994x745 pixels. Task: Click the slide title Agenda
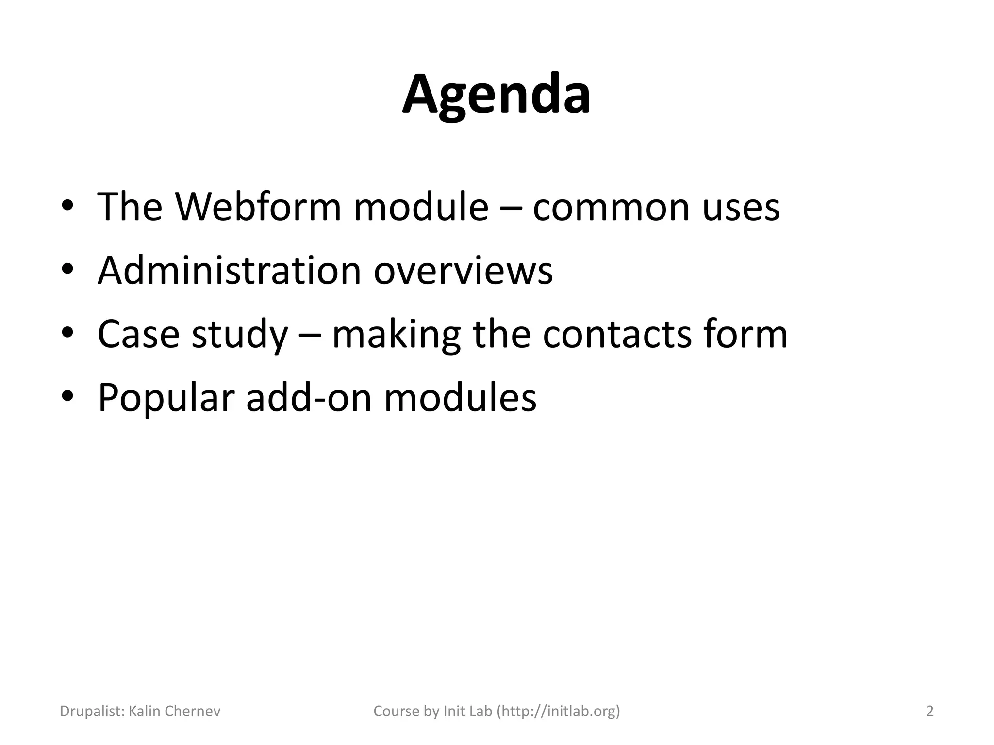497,95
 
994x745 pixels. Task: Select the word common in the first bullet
611,208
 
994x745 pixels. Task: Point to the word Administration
229,270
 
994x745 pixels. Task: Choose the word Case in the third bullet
139,334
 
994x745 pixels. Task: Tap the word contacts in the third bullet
617,335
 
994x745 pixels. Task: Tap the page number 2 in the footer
929,711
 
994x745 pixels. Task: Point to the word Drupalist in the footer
92,711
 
